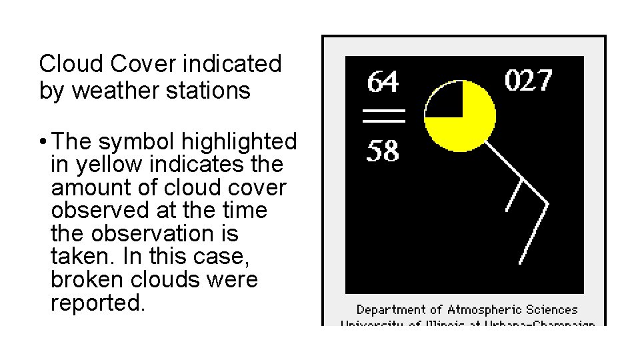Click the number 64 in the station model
384,82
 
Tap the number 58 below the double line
383,153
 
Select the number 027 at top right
528,81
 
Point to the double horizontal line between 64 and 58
384,115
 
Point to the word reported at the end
97,303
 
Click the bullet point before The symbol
43,142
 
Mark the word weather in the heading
113,91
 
